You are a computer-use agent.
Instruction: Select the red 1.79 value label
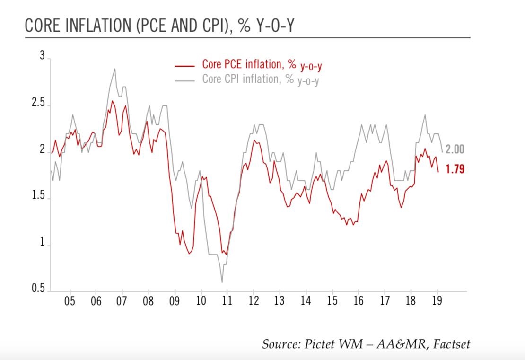pyautogui.click(x=455, y=169)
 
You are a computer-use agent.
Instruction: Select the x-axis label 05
pyautogui.click(x=70, y=301)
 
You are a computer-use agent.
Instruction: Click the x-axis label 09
pyautogui.click(x=175, y=301)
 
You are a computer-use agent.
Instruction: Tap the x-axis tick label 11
pyautogui.click(x=227, y=301)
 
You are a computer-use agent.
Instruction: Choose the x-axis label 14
pyautogui.click(x=306, y=301)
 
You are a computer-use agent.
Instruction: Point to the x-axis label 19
pyautogui.click(x=437, y=301)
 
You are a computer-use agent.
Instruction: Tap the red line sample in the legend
pyautogui.click(x=185, y=66)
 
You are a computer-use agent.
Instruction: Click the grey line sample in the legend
pyautogui.click(x=185, y=80)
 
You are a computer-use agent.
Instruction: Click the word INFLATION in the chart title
pyautogui.click(x=88, y=26)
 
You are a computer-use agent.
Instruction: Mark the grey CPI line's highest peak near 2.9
pyautogui.click(x=114, y=69)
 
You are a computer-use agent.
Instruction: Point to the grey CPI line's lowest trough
pyautogui.click(x=222, y=282)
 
